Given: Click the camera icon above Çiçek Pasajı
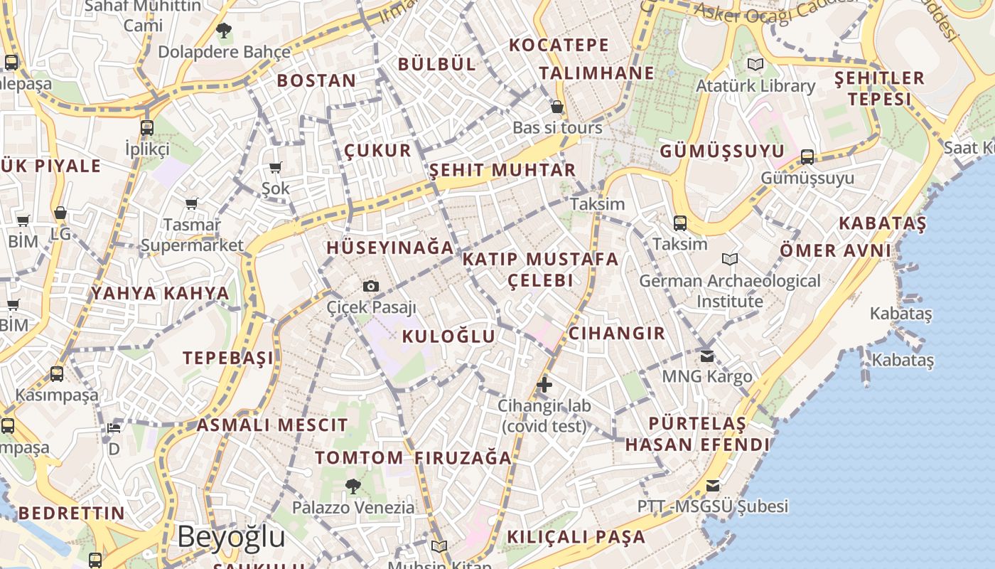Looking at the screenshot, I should click(370, 287).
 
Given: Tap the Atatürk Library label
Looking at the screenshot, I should click(755, 86).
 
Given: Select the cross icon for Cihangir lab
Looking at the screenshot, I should click(544, 385).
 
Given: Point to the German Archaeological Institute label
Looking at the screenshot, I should click(730, 291).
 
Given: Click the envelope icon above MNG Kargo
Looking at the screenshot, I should click(707, 356).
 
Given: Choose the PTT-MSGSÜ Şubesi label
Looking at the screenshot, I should click(712, 506).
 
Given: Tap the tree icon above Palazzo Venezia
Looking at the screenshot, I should click(353, 486).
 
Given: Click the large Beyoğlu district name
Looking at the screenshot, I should click(231, 537).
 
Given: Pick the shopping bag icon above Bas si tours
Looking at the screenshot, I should click(557, 107).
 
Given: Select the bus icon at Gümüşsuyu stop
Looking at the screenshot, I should click(807, 156).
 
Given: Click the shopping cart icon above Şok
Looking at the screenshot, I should click(276, 168).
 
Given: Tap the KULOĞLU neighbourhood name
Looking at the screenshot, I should click(448, 336).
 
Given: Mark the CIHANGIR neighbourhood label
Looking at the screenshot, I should click(617, 333).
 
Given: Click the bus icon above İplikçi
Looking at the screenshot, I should click(147, 128).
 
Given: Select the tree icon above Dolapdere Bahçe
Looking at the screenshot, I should click(224, 31).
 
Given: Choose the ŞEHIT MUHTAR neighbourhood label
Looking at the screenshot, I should click(502, 171).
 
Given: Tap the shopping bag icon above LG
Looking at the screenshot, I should click(60, 213).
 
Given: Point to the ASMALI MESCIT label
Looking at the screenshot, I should click(272, 425).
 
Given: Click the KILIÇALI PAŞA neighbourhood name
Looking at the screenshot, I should click(576, 537).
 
